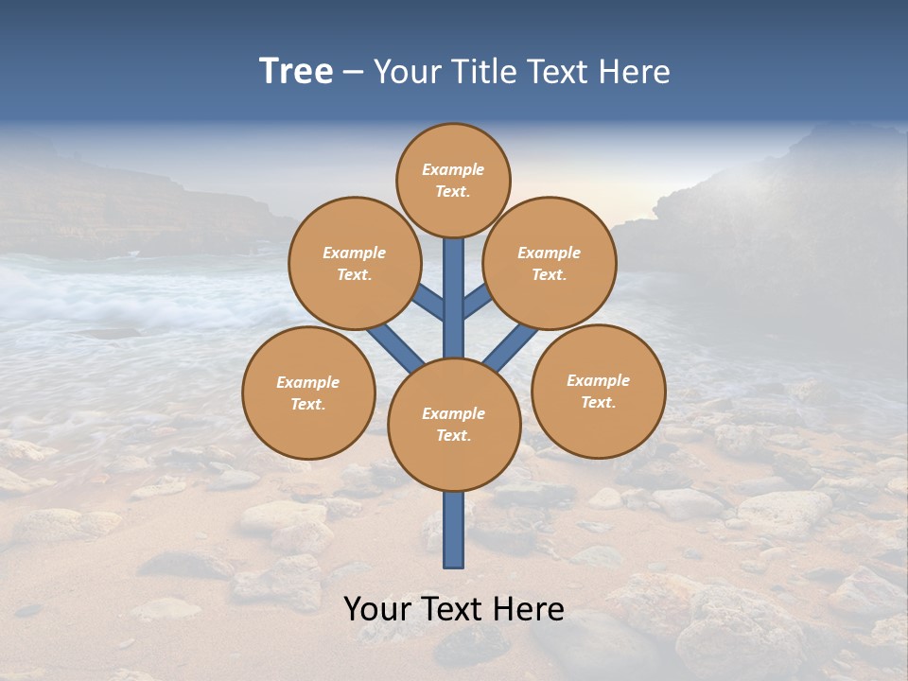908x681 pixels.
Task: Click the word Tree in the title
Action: (296, 72)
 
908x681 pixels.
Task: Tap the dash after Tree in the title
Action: (354, 73)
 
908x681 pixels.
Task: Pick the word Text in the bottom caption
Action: (454, 608)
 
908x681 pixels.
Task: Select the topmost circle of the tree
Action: (453, 180)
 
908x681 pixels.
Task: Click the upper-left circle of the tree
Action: (355, 263)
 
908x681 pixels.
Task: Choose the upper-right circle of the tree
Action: (550, 263)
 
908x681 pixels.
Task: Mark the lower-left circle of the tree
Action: (308, 393)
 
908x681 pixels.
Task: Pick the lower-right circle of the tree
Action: (598, 391)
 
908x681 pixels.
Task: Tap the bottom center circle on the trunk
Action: (453, 424)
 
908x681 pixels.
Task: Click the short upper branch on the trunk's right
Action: (477, 302)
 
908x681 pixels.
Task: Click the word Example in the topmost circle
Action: (453, 169)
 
